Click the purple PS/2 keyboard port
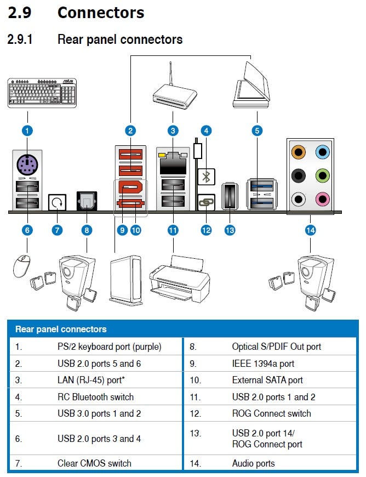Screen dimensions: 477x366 pos(27,163)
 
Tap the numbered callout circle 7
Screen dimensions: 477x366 pos(57,230)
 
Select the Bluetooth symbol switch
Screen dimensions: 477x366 pos(206,177)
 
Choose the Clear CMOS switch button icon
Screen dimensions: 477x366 pos(56,202)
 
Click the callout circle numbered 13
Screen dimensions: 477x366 pos(230,230)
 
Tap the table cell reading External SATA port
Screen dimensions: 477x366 pos(267,380)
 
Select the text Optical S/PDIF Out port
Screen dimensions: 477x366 pos(276,347)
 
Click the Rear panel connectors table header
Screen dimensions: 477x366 pos(61,330)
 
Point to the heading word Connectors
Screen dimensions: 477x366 pos(101,13)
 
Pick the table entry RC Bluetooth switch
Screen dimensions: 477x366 pos(95,397)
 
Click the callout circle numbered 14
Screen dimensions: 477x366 pos(311,230)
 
